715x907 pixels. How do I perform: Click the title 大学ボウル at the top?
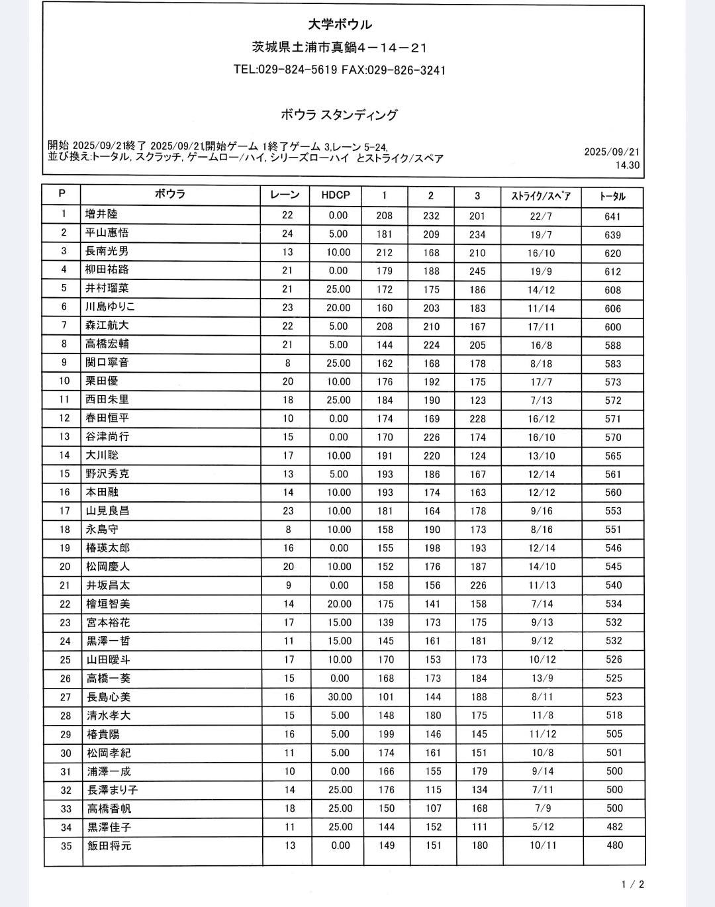click(x=340, y=24)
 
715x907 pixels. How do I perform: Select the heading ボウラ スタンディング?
click(x=339, y=115)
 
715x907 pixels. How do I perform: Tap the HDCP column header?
click(x=336, y=195)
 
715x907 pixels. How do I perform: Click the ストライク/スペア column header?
click(x=541, y=196)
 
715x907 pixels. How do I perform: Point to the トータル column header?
click(x=612, y=196)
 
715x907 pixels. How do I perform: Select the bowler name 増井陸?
click(x=101, y=215)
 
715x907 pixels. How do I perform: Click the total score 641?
click(x=612, y=216)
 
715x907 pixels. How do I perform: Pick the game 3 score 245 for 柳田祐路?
click(x=477, y=271)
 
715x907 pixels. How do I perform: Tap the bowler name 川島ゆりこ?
click(x=111, y=307)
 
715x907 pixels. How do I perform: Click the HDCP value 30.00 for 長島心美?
click(x=340, y=697)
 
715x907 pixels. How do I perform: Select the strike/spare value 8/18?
click(x=542, y=363)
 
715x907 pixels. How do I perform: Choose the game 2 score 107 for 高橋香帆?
click(x=433, y=808)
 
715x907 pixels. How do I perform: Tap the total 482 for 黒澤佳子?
click(x=614, y=827)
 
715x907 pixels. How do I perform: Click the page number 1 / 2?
click(x=633, y=884)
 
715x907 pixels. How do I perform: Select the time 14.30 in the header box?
click(x=628, y=166)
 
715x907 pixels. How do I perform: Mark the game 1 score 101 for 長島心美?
click(x=386, y=697)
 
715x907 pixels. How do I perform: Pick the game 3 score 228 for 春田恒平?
click(x=477, y=419)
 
